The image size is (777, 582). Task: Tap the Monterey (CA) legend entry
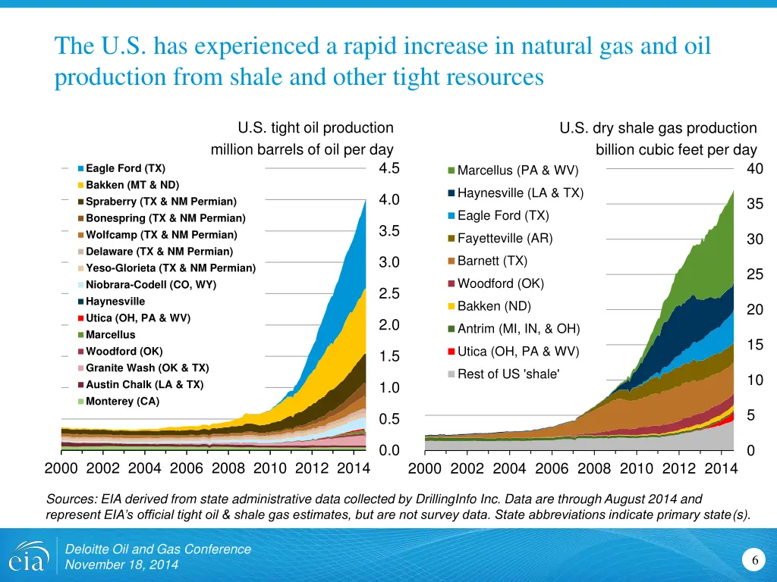(x=122, y=402)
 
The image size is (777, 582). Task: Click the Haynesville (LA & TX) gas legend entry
(x=520, y=192)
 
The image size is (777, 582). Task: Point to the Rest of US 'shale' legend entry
(x=508, y=374)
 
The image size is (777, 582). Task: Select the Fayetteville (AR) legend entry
(x=505, y=239)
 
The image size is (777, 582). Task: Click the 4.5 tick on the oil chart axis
(x=388, y=168)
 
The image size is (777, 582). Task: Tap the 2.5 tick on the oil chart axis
(x=388, y=293)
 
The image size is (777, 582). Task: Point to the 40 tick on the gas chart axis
(x=754, y=169)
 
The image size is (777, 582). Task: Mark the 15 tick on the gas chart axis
(x=754, y=345)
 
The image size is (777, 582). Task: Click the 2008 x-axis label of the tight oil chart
(x=228, y=468)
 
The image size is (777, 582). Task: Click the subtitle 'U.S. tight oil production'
(x=316, y=128)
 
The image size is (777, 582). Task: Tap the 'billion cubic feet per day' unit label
(x=676, y=150)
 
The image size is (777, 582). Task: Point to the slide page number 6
(x=755, y=560)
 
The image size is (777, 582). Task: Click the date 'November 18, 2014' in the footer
(x=121, y=565)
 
